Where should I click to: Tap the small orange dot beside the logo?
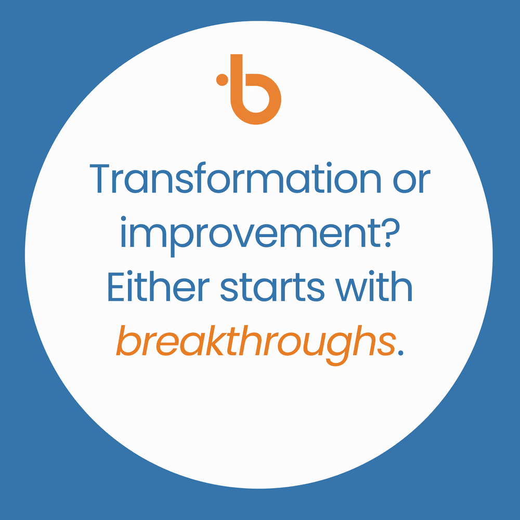click(222, 80)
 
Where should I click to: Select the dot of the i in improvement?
click(125, 219)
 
